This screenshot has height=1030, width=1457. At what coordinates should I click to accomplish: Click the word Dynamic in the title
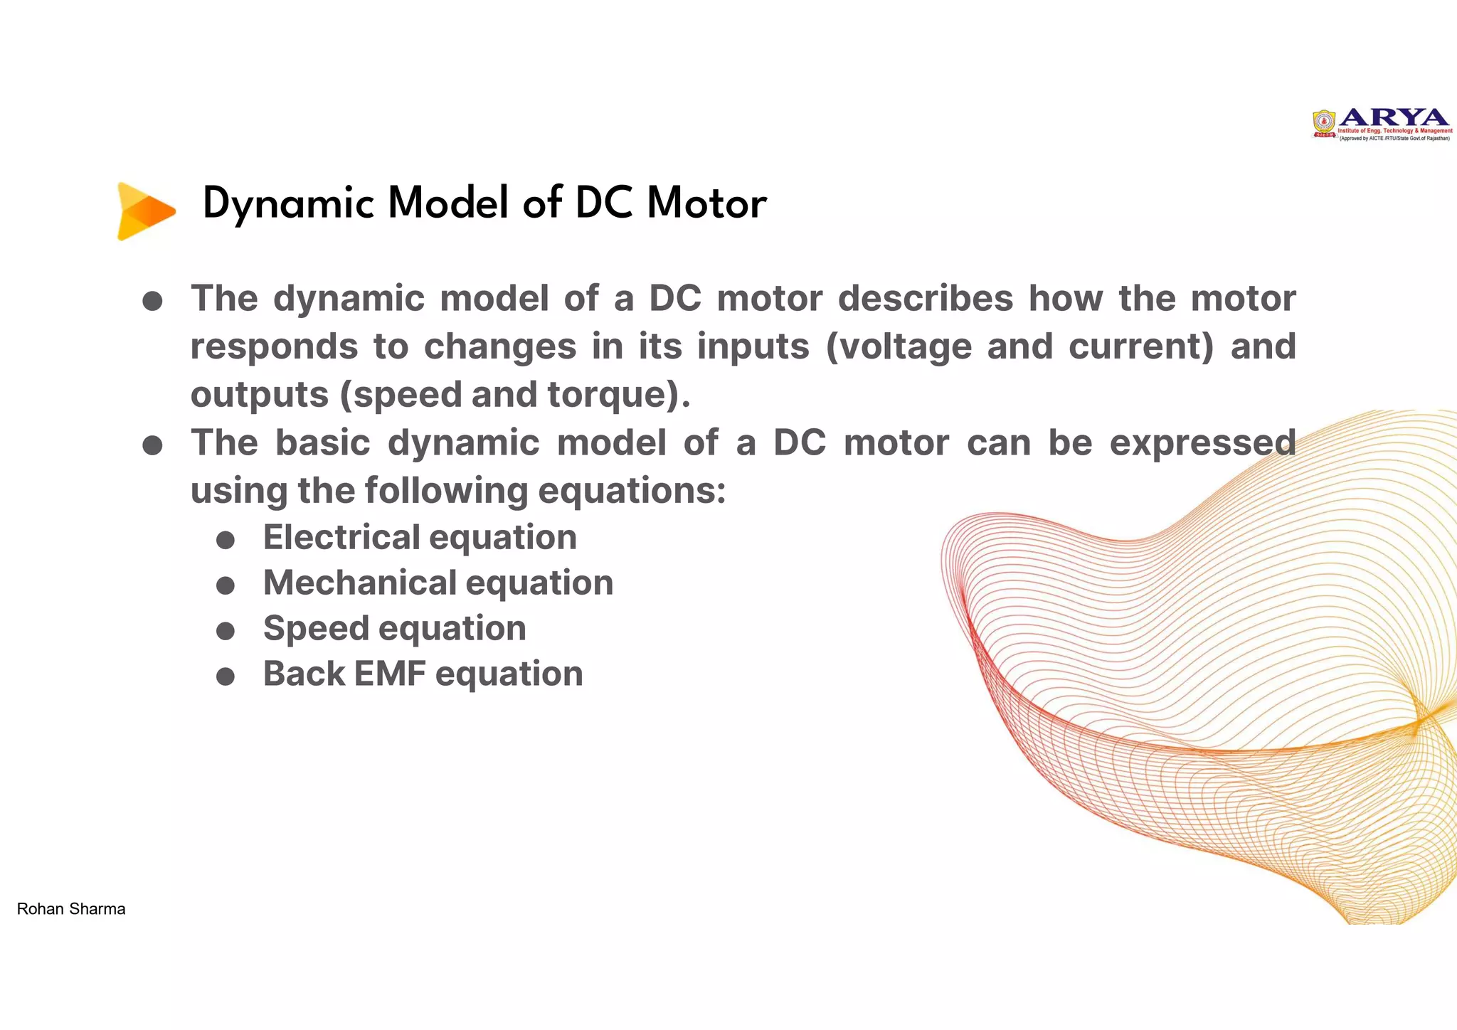coord(288,204)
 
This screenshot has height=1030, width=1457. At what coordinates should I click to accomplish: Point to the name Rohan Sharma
coord(71,909)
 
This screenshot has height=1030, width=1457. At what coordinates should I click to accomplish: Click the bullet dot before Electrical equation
coord(226,540)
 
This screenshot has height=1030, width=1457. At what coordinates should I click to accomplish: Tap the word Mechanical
coord(360,583)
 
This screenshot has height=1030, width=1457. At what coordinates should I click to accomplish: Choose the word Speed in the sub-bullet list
coord(316,629)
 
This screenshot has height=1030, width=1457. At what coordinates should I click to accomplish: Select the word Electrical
coord(341,537)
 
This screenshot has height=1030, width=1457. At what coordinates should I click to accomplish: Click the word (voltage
coord(899,346)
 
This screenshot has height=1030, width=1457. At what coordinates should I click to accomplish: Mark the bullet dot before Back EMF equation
coord(226,676)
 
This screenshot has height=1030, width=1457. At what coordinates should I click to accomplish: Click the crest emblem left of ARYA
coord(1324,123)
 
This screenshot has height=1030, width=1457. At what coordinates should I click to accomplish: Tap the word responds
coord(274,347)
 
